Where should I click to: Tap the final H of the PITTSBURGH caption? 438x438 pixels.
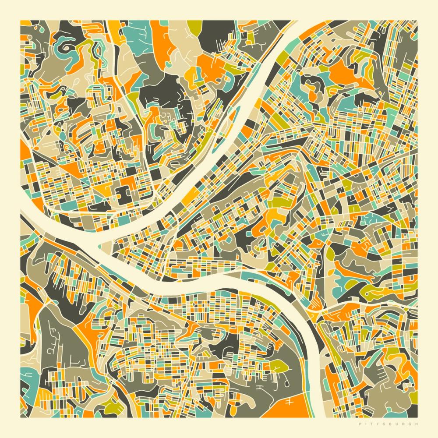click(x=417, y=424)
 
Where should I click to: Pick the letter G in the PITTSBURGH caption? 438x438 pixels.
click(x=410, y=424)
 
